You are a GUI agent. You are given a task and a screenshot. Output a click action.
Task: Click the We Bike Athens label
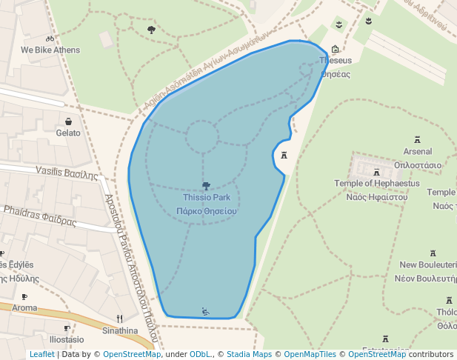[x=50, y=50]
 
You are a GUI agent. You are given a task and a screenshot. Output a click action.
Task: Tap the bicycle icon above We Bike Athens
[x=50, y=39]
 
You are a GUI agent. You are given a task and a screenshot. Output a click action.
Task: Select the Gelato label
[x=68, y=133]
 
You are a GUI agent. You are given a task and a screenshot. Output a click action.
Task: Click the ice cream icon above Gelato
[x=68, y=121]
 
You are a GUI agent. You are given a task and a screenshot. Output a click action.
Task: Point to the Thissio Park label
[x=207, y=198]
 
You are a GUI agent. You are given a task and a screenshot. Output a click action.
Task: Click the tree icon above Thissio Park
[x=206, y=186]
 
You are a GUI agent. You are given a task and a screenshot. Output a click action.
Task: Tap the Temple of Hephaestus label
[x=376, y=184]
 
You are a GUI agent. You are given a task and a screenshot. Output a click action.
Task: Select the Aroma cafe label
[x=24, y=308]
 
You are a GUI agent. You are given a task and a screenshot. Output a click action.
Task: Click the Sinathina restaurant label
[x=120, y=330]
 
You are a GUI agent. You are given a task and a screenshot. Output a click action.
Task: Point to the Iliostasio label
[x=67, y=339]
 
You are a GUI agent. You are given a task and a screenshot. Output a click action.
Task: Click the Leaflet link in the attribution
[x=41, y=354]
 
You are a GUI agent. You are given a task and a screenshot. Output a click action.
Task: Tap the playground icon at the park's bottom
[x=205, y=311]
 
